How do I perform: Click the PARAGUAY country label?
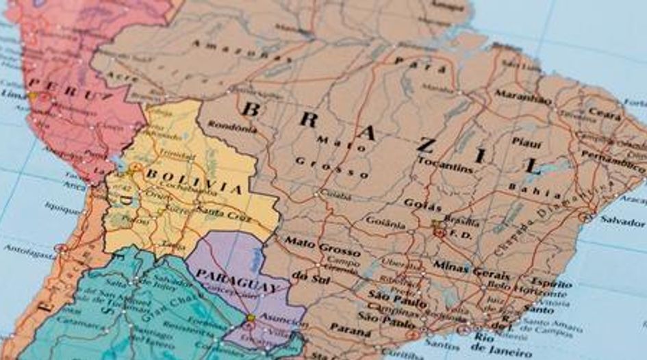pos(236,277)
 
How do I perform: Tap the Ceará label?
pos(605,114)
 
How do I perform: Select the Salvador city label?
pos(622,222)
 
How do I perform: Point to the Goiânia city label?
pos(385,222)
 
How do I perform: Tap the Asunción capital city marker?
pos(251,318)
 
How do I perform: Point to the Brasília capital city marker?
pos(439,232)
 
